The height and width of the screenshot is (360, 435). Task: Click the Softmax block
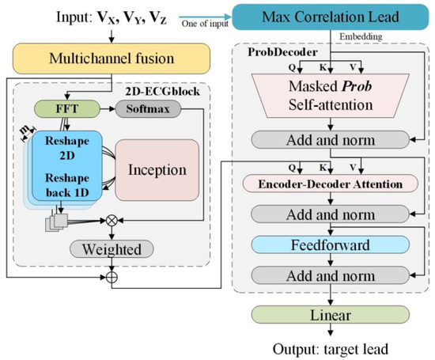point(150,108)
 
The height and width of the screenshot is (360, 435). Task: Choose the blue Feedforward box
point(330,244)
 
